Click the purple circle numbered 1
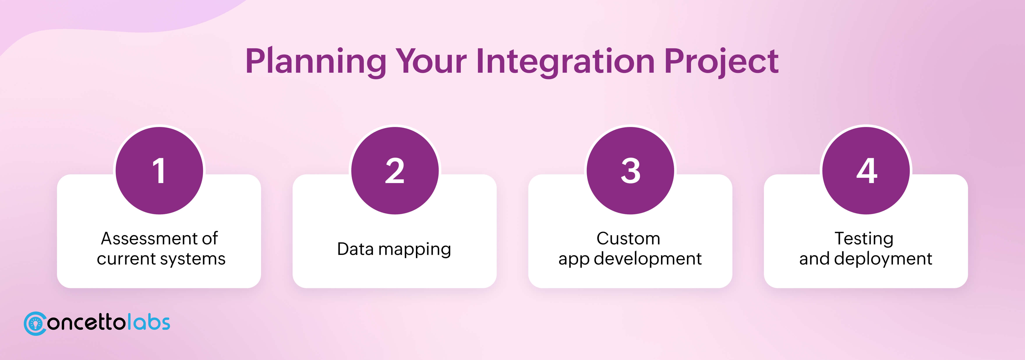159,170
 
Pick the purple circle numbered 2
395,170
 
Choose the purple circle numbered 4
866,170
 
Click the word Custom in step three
628,239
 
